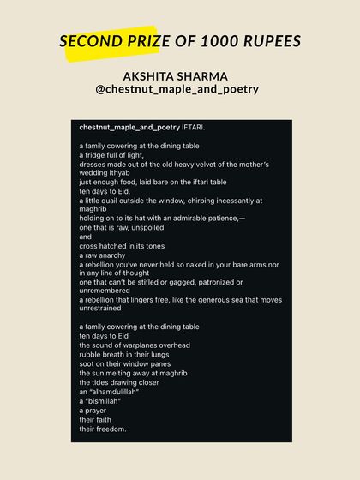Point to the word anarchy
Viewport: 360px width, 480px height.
pyautogui.click(x=113, y=255)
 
